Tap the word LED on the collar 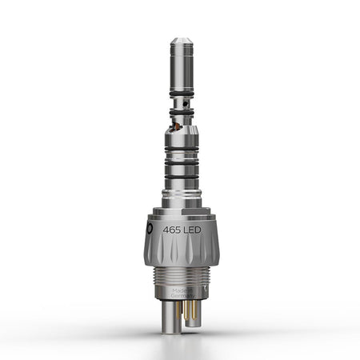[197, 228]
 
